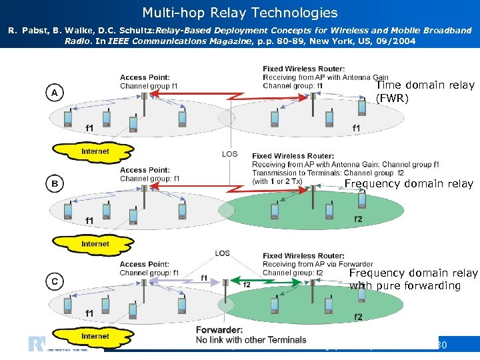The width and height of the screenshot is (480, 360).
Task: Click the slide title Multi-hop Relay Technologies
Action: point(240,13)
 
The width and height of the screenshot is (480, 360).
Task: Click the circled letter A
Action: point(54,92)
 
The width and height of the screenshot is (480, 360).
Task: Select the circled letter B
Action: point(54,183)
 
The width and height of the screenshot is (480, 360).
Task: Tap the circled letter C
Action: point(54,282)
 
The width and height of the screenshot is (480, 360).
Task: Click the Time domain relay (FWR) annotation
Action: point(425,92)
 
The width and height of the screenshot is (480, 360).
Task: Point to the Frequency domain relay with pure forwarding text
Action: point(413,279)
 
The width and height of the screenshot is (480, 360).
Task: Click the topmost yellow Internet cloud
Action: point(95,152)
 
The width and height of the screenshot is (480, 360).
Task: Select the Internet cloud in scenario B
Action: point(95,244)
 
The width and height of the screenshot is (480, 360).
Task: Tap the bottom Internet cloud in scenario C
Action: point(95,336)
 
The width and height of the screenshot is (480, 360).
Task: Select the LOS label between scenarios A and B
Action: point(229,154)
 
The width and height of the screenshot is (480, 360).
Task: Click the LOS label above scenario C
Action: point(223,253)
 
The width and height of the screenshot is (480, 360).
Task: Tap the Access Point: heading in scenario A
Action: point(145,78)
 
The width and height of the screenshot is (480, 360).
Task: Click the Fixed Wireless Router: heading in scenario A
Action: point(303,69)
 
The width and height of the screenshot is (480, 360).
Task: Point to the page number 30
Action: point(440,345)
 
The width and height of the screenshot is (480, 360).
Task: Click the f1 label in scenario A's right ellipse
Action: point(357,128)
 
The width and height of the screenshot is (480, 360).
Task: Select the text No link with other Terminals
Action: point(251,340)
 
